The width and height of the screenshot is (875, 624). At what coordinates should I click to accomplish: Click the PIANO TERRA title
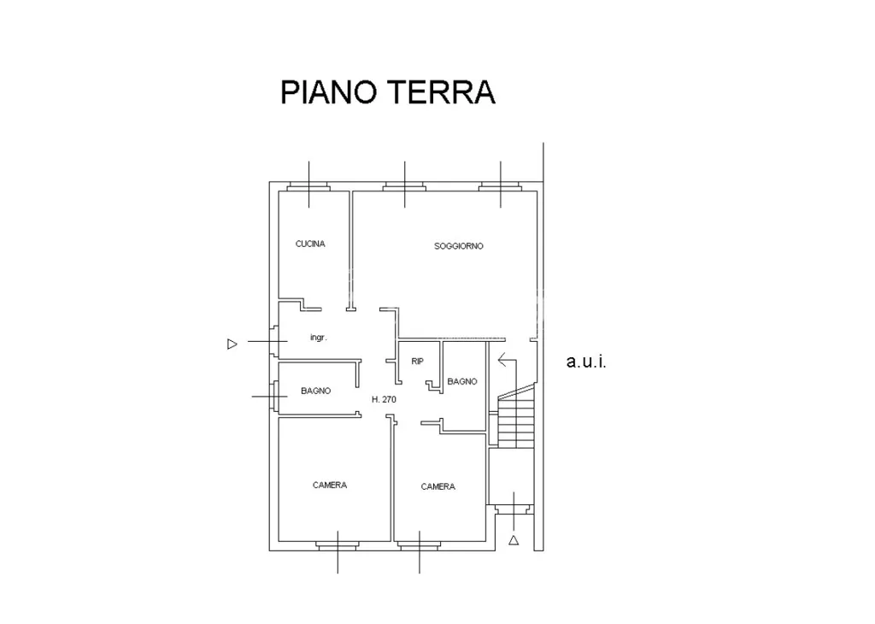(387, 92)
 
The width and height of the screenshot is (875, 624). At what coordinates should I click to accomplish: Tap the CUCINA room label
(309, 244)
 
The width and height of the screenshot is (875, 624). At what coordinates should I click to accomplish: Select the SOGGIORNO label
(459, 246)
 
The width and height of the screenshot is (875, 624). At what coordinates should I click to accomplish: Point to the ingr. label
(318, 338)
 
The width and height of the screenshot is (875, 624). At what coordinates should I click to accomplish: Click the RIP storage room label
(417, 362)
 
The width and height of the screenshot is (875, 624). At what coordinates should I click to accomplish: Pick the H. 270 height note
(384, 400)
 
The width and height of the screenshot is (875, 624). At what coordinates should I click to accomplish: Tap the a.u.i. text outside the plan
(586, 362)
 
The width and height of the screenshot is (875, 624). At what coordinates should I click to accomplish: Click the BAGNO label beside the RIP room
(462, 382)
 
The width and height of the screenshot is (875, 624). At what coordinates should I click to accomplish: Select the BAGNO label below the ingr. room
(316, 391)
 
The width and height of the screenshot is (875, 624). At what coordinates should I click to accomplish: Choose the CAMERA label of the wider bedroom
(330, 486)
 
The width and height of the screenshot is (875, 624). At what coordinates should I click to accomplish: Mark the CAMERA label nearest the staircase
(438, 487)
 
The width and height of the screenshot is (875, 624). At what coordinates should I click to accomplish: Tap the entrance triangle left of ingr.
(232, 344)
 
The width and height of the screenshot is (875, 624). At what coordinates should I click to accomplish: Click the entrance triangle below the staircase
(514, 540)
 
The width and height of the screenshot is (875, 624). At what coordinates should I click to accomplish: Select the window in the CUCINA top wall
(308, 187)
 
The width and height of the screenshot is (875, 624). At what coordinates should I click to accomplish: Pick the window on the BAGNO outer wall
(274, 396)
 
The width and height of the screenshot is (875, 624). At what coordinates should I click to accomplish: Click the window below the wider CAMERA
(337, 546)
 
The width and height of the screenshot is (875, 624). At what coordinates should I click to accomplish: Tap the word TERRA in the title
(441, 92)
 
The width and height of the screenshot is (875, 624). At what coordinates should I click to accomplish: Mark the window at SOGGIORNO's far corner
(500, 187)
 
